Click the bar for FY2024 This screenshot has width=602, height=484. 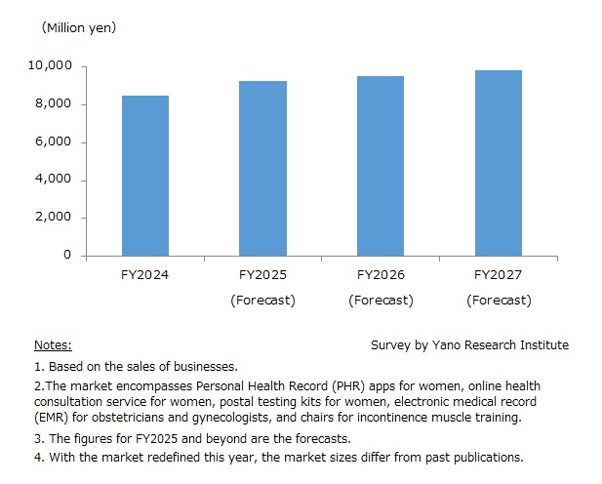coord(145,176)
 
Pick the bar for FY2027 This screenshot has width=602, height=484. coord(499,163)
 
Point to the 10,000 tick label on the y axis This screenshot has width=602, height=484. coord(50,66)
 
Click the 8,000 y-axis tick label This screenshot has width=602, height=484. coord(54,104)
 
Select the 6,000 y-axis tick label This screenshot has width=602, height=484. coord(54,141)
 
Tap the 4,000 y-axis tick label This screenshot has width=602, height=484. coord(54,180)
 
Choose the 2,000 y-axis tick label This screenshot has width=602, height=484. coord(54,217)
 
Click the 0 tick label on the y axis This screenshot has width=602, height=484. coord(67,255)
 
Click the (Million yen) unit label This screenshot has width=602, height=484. coord(78,28)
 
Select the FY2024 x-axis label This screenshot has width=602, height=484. coord(145,276)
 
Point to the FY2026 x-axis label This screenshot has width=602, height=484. coord(381,276)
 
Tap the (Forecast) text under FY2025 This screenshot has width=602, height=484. coord(263,300)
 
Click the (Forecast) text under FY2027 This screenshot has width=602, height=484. coord(499,300)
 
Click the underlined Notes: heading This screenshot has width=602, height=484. coord(53,345)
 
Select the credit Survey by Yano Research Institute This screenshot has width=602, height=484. coord(469,345)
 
